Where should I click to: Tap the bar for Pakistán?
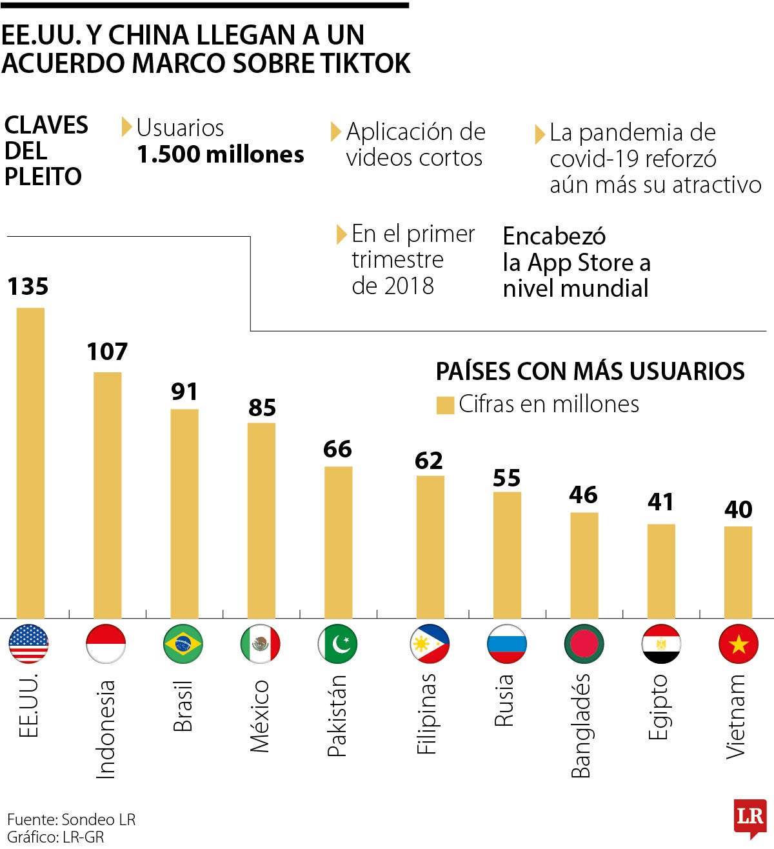(x=338, y=543)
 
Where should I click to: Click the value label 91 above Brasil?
(x=184, y=392)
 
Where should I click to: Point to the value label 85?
(x=262, y=408)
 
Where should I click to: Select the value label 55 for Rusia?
(x=507, y=478)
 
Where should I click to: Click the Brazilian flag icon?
(x=183, y=644)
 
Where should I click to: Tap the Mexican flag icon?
(x=261, y=644)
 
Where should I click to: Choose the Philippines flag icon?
(x=430, y=644)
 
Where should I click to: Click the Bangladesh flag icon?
(x=584, y=644)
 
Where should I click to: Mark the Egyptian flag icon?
(x=661, y=644)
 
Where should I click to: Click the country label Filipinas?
(x=427, y=714)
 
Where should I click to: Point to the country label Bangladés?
(x=581, y=726)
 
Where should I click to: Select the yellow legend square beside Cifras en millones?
(x=446, y=405)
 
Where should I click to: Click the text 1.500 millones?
(x=221, y=155)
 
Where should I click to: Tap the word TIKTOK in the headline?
(x=366, y=63)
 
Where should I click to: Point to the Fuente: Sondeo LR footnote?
(x=72, y=819)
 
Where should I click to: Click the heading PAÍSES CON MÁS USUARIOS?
(x=590, y=372)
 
